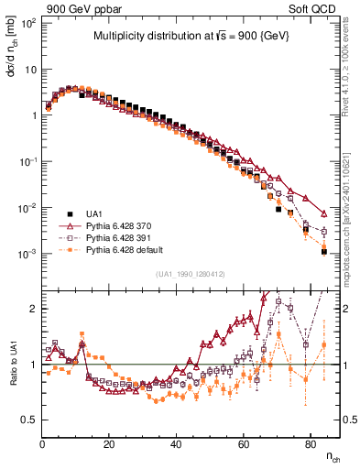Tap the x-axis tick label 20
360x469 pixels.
point(109,444)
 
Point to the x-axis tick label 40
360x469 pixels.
point(176,444)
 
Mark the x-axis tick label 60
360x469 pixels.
point(243,444)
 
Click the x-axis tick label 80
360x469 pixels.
point(310,444)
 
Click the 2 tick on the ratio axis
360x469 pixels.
point(34,309)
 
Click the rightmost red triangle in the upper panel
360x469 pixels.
point(324,214)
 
